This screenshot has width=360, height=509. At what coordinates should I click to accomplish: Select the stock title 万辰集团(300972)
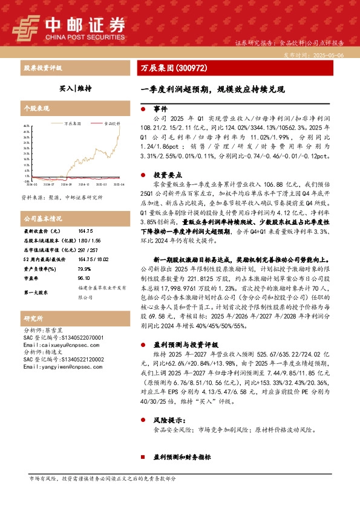(174, 68)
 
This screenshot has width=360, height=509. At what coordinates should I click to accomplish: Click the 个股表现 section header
(36, 109)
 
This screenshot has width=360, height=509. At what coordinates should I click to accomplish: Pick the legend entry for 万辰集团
(73, 122)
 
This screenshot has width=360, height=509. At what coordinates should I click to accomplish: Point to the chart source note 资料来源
(56, 197)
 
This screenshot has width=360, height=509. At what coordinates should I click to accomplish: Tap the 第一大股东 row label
(37, 292)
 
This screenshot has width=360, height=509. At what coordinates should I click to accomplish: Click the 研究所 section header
(33, 318)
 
